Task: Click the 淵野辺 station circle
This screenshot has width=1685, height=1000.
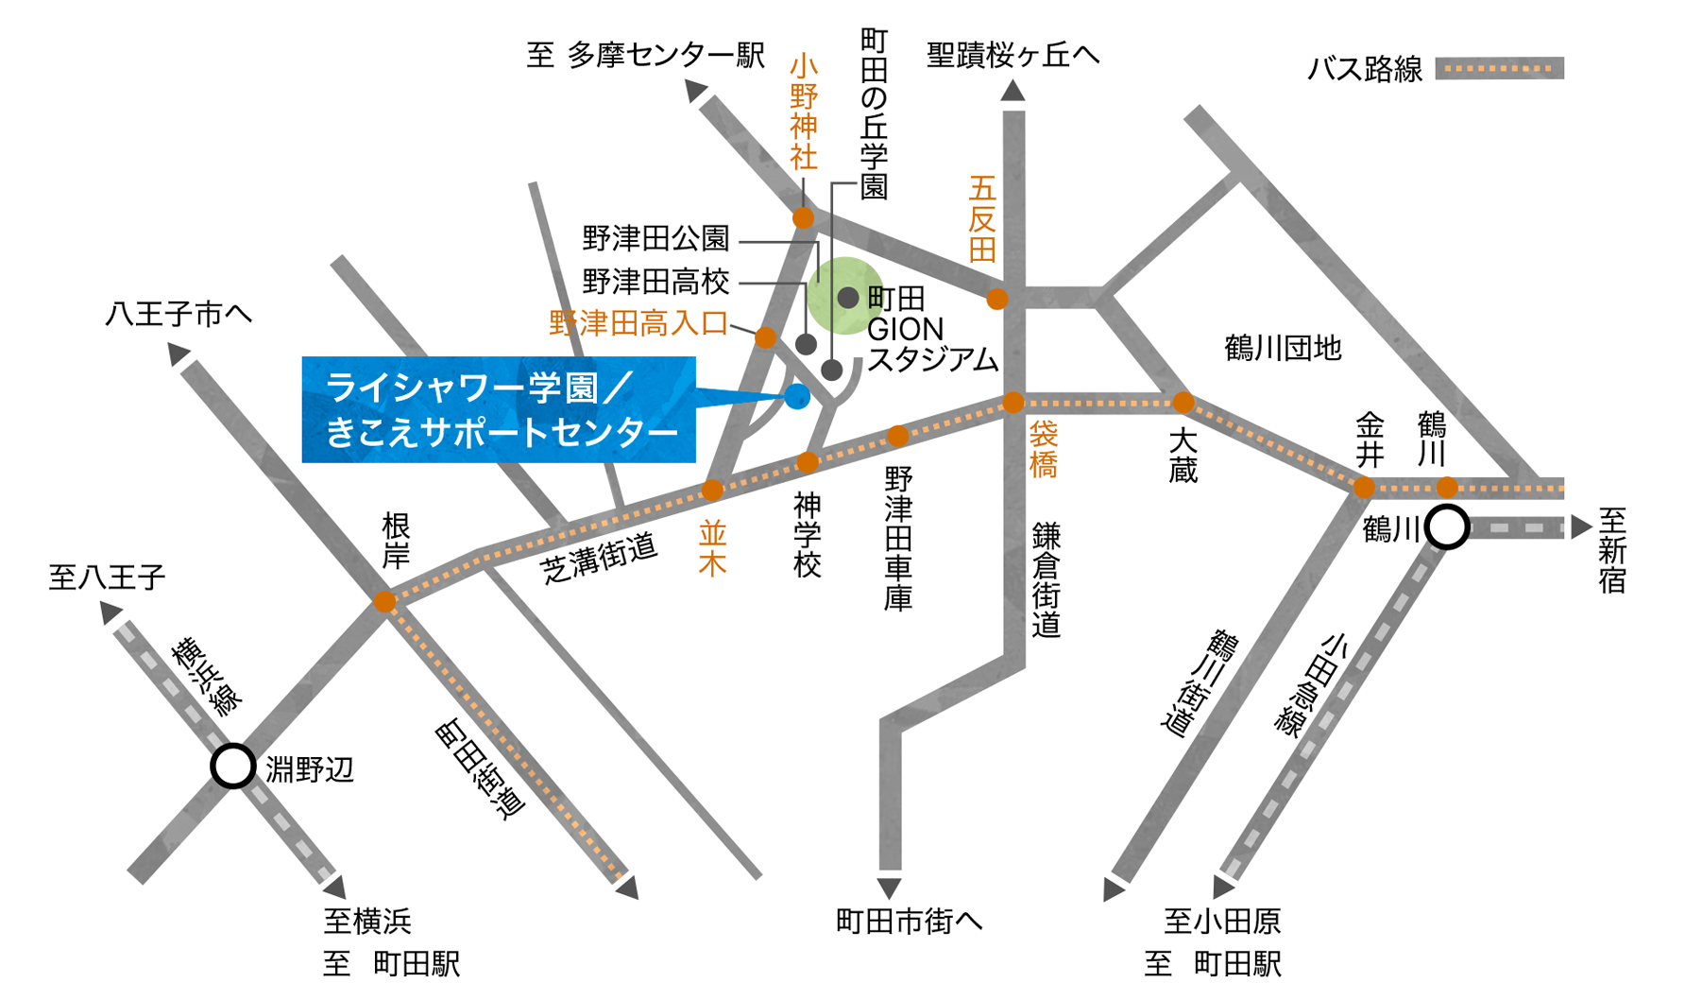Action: click(x=233, y=766)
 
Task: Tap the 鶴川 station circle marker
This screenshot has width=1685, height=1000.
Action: click(x=1447, y=526)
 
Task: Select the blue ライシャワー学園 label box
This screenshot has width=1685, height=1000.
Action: click(x=499, y=409)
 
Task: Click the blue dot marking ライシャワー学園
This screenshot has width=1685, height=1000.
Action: click(x=797, y=397)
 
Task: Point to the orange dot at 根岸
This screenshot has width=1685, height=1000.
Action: click(x=384, y=601)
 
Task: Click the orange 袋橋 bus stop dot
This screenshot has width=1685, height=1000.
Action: click(x=1013, y=403)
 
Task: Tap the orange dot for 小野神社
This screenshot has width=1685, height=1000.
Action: click(x=803, y=218)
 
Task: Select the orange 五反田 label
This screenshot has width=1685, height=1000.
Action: click(x=982, y=218)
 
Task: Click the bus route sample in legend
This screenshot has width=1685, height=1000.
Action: click(x=1499, y=68)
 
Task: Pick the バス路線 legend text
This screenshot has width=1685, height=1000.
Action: click(x=1364, y=69)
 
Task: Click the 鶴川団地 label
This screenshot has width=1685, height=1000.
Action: click(x=1282, y=349)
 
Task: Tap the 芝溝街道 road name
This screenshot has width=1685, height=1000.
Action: click(x=599, y=559)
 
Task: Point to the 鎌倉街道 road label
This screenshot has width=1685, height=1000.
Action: click(x=1046, y=579)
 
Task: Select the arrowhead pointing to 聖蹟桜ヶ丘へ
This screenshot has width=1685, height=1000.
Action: click(x=1013, y=91)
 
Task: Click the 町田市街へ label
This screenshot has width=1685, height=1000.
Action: click(x=909, y=921)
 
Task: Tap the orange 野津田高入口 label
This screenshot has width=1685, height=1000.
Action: click(x=638, y=324)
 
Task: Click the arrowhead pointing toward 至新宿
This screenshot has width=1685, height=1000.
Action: click(x=1581, y=527)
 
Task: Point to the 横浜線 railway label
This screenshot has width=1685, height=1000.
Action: click(x=207, y=677)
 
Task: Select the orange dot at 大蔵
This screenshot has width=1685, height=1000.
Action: click(x=1183, y=404)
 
